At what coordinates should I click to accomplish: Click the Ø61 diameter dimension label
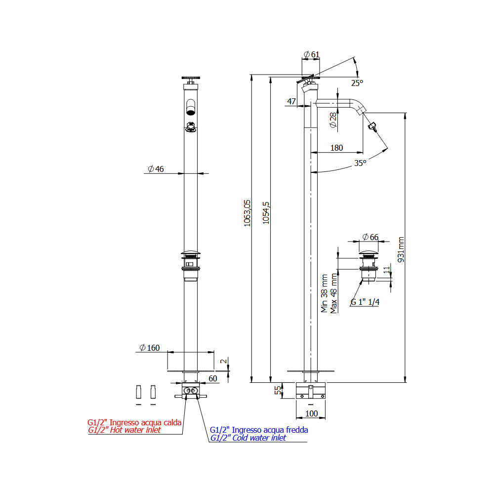pos(312,54)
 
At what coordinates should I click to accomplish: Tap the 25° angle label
pos(357,83)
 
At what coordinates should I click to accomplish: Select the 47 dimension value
pos(291,101)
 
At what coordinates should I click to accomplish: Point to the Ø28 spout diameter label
pos(333,121)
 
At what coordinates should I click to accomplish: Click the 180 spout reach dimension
pos(336,148)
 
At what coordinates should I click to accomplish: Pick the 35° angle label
pos(360,163)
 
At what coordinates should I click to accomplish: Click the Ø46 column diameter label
pos(156,169)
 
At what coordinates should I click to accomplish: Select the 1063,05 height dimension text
pos(247,213)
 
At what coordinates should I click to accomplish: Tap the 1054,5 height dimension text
pos(266,213)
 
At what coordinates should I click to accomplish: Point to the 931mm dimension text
pos(401,249)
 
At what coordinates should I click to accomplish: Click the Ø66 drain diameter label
pos(370,237)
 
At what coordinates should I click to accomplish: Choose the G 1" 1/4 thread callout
pos(365,302)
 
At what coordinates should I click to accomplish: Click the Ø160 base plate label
pos(150,348)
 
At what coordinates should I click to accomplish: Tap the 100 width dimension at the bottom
pos(312,413)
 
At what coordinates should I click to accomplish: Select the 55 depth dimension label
pos(278,390)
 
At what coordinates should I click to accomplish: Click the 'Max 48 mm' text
pos(333,293)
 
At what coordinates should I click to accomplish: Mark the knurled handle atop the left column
pos(191,78)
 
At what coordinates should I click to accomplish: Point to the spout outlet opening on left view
pos(191,112)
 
